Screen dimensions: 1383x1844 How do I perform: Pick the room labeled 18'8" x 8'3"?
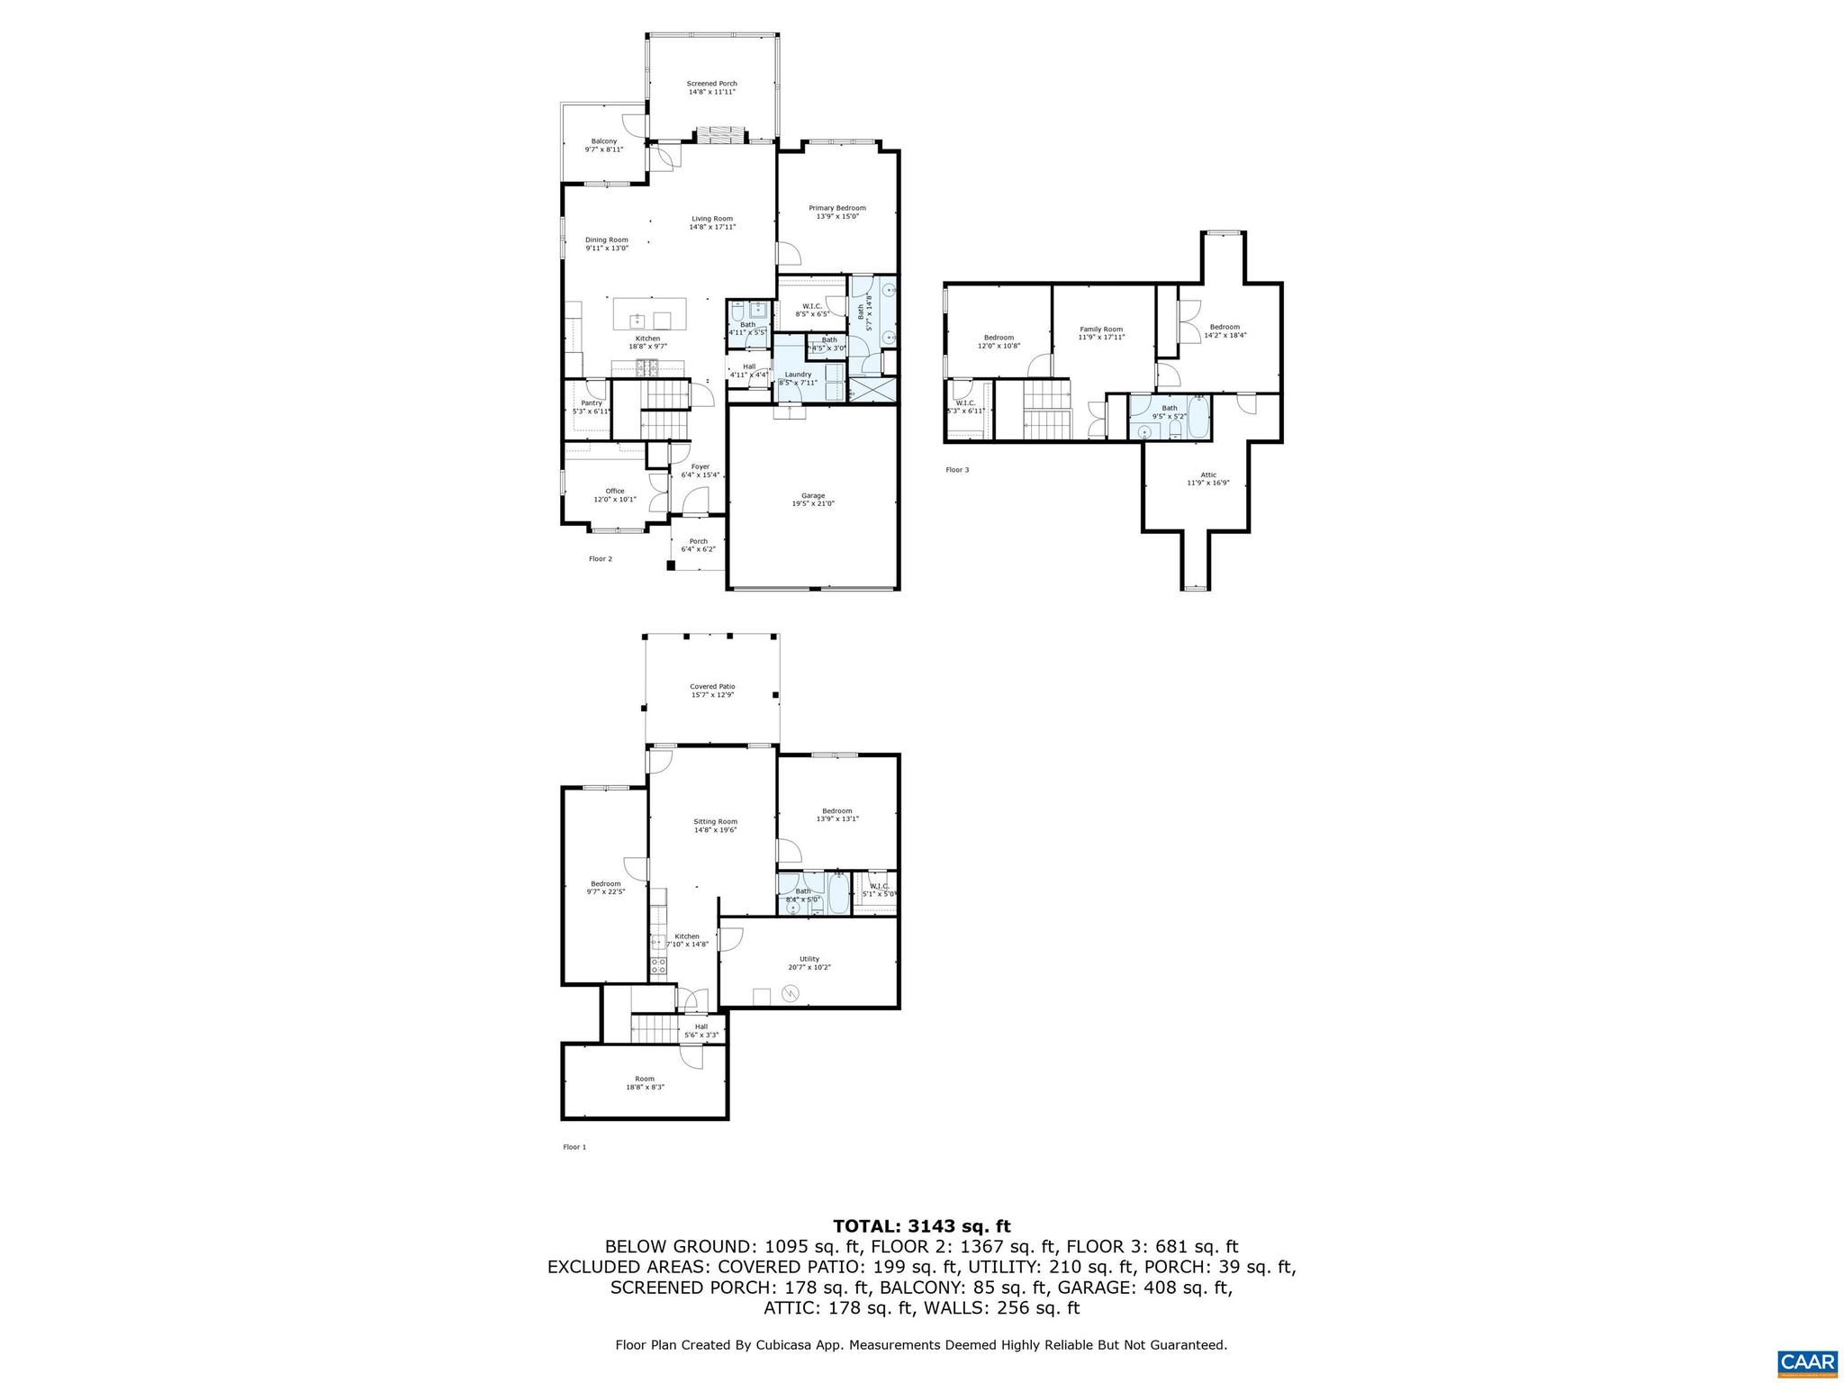point(644,1082)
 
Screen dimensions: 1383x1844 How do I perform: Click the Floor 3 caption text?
point(957,469)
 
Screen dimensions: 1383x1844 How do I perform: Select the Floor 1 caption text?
point(574,1147)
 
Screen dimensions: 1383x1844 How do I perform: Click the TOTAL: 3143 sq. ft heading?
point(921,1225)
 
